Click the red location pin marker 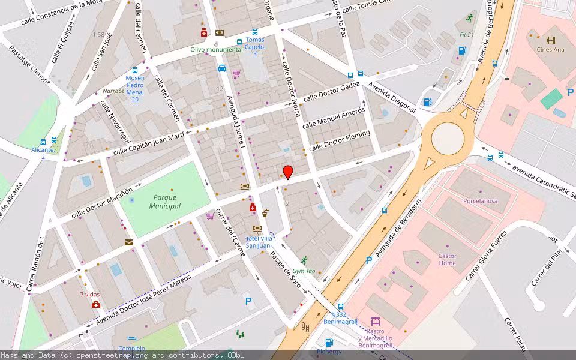[x=288, y=172]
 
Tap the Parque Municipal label [x=166, y=202]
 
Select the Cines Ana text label [x=550, y=50]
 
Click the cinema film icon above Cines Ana [x=550, y=40]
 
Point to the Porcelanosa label [x=480, y=201]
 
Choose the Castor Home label [x=447, y=259]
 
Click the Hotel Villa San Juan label [x=257, y=242]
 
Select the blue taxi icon [x=222, y=68]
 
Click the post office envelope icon [x=129, y=242]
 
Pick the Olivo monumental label [x=217, y=49]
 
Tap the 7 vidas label [x=89, y=295]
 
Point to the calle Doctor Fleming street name [x=339, y=141]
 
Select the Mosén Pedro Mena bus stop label [x=135, y=88]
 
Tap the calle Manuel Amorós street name [x=334, y=118]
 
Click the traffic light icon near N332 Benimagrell [x=304, y=327]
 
